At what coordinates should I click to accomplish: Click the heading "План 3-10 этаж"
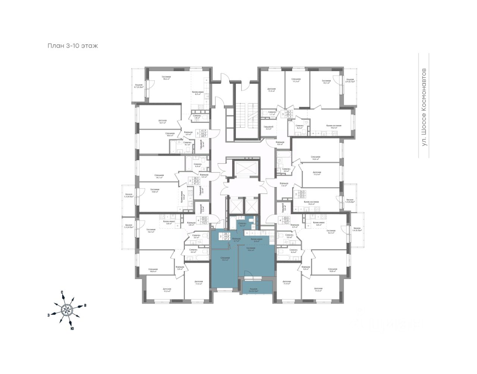(72, 46)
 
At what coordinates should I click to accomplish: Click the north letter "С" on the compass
(62, 292)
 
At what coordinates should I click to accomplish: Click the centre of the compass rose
(67, 309)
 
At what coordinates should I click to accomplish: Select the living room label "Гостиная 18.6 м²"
(166, 78)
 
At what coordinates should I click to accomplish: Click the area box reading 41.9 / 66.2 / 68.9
(203, 133)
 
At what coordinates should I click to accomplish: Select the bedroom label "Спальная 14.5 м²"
(316, 158)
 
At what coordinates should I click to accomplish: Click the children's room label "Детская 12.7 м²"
(162, 121)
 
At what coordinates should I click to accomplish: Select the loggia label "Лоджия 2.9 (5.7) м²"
(350, 80)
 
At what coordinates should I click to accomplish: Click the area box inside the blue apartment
(226, 237)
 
